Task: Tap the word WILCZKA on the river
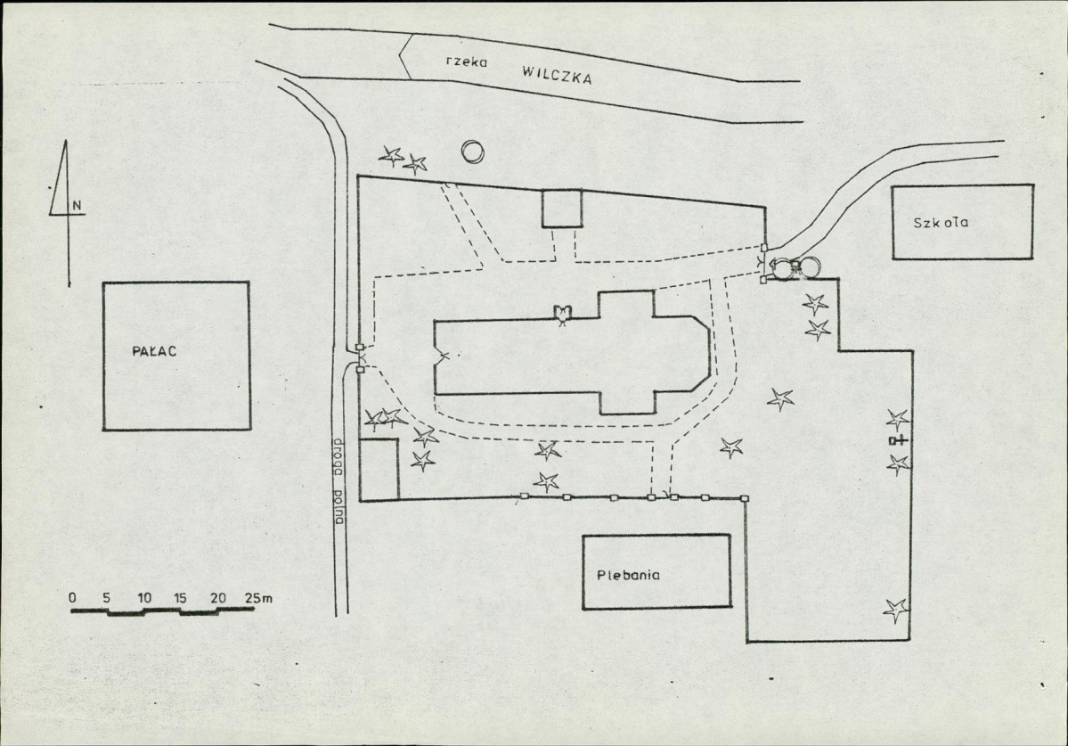click(558, 74)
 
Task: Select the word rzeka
click(462, 61)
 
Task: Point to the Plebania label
click(628, 575)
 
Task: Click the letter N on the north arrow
click(78, 206)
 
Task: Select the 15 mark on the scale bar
click(179, 597)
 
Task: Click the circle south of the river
click(472, 152)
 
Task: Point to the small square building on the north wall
click(562, 209)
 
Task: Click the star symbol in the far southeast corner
click(895, 610)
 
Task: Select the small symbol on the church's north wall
click(561, 313)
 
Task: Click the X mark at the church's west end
click(442, 357)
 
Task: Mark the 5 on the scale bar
click(106, 597)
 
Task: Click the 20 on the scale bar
click(218, 597)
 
